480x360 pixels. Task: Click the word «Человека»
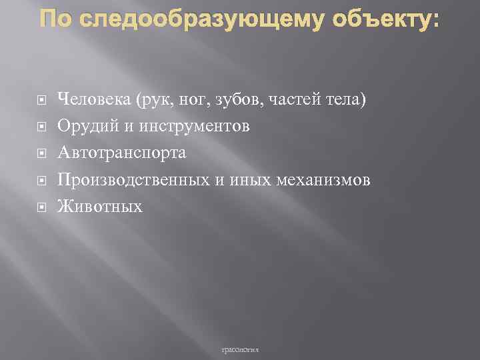[94, 99]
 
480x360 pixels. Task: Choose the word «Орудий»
[80, 126]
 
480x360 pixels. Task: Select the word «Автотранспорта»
[122, 153]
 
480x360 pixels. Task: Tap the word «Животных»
[100, 207]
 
